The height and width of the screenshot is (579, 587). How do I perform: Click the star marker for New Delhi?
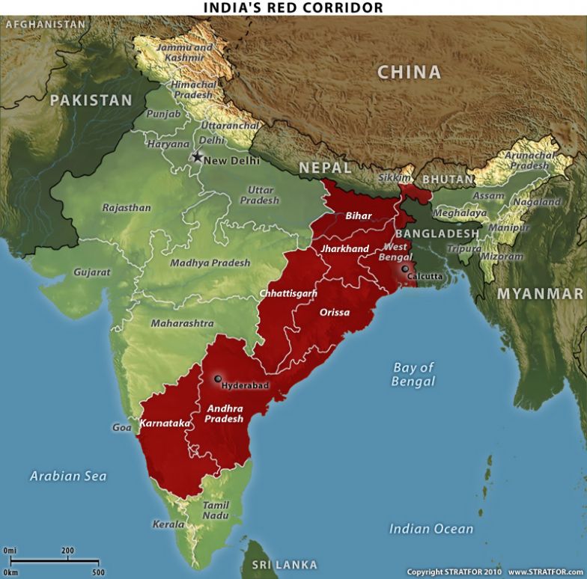198,157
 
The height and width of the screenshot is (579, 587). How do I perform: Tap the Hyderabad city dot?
218,379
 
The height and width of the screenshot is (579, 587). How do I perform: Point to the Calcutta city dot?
405,269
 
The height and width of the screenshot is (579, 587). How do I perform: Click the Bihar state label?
359,215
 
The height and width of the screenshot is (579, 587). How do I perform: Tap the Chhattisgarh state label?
288,294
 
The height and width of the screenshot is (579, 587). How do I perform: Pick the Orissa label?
334,312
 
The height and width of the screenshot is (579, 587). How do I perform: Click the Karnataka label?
165,424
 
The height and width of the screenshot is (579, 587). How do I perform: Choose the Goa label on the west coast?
122,428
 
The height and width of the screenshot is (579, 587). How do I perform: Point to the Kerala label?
168,524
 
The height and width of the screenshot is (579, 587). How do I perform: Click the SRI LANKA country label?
285,565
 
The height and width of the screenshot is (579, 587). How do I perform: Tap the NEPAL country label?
325,168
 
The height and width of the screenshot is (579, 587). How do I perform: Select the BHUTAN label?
448,180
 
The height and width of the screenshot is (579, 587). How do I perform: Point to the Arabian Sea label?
68,476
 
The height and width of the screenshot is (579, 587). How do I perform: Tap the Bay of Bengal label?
413,374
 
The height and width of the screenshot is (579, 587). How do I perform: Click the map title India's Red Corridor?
293,7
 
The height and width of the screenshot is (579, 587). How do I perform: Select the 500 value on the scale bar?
98,572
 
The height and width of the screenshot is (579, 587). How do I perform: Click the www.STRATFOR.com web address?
546,572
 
